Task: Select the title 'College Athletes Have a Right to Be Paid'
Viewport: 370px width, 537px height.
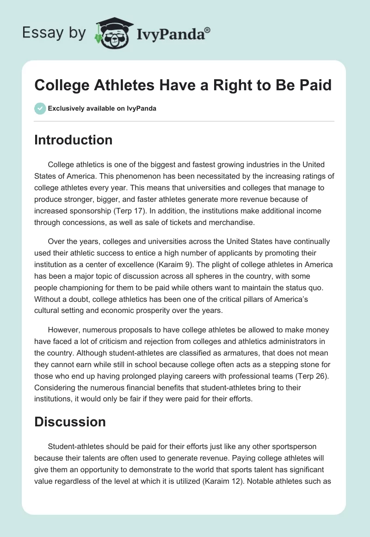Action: coord(183,86)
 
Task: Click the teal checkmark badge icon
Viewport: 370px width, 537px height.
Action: coord(40,108)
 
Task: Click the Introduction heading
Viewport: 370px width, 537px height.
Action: coord(73,140)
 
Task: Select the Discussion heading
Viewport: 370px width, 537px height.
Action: coord(70,422)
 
